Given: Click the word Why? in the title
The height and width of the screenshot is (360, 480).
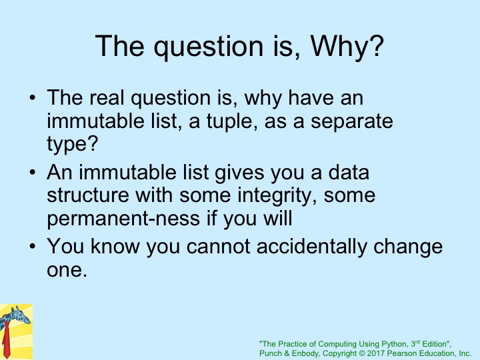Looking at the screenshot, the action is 347,47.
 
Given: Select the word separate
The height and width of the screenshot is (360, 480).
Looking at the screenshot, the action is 352,121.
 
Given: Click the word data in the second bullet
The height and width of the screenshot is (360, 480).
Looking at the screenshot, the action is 349,172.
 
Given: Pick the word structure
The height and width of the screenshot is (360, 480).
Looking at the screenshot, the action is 88,195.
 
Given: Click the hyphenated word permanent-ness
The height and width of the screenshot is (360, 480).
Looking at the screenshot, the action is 123,219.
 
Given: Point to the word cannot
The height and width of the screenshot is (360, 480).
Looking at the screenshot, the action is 218,246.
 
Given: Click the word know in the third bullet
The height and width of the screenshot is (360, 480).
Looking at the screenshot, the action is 115,246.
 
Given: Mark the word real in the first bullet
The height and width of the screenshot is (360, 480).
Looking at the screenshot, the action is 107,97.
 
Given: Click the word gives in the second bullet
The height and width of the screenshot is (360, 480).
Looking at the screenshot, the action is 239,173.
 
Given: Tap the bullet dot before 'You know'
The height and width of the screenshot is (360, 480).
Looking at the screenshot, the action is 33,247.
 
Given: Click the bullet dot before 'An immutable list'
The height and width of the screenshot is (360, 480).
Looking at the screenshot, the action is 33,173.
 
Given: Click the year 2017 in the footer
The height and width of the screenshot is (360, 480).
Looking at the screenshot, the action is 375,353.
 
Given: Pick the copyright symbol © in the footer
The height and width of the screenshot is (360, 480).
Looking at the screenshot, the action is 362,353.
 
